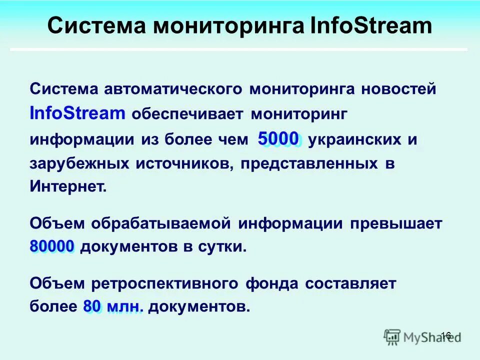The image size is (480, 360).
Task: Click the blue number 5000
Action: (x=278, y=138)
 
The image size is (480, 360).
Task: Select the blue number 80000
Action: (x=52, y=246)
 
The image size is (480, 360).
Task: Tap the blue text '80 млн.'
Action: (x=113, y=306)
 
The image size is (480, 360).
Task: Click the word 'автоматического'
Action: (x=173, y=90)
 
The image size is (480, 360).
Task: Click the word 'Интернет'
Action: (x=67, y=187)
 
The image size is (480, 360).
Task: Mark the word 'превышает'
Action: (x=396, y=223)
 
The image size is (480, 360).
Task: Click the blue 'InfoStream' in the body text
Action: (x=77, y=113)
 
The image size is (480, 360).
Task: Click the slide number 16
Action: (x=446, y=335)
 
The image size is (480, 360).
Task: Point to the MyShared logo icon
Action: (x=392, y=336)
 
